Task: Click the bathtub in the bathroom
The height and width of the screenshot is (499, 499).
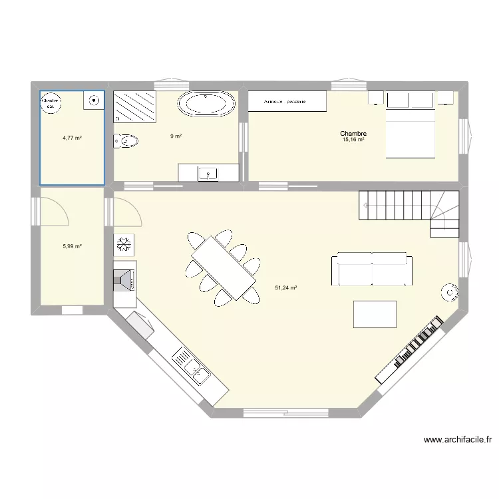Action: coord(206,104)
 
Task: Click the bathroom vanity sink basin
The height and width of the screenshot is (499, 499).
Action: coord(208,174)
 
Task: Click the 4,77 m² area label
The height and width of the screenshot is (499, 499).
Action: coord(72,138)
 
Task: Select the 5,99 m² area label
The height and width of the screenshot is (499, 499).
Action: coord(72,246)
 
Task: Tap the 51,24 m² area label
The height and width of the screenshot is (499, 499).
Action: coord(285,288)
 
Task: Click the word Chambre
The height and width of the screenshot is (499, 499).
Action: coord(353,134)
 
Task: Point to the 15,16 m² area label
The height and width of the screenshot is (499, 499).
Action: coord(353,140)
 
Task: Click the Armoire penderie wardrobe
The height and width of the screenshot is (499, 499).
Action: coord(287,102)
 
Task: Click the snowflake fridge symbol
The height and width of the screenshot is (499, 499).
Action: coord(124,245)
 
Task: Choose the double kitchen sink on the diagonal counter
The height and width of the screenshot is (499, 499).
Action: coord(192,367)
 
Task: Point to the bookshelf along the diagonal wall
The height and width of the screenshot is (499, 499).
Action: coord(409,349)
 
